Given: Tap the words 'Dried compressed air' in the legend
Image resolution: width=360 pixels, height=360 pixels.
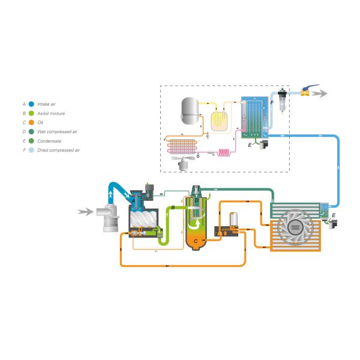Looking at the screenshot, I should pos(59,150).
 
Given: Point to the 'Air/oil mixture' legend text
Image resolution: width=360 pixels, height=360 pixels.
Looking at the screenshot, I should pos(52,113).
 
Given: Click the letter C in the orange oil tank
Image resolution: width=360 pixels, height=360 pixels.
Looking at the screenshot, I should pos(196,240).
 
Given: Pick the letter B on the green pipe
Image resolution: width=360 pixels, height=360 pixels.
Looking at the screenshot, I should pos(173,207).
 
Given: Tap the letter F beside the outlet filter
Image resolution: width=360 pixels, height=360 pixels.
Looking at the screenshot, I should pos(272,103).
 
